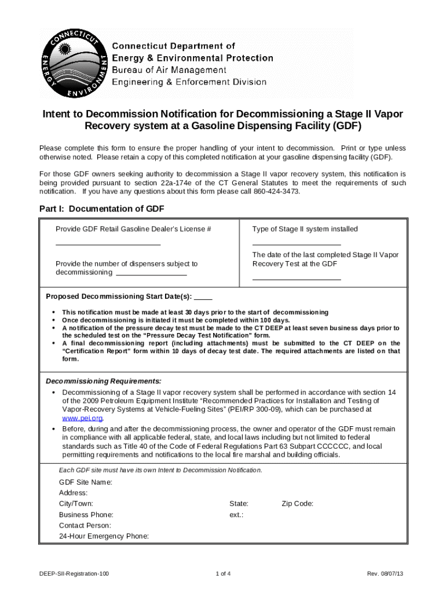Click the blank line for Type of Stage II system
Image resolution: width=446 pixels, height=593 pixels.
tap(296, 244)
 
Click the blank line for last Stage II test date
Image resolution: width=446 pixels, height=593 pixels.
tap(296, 279)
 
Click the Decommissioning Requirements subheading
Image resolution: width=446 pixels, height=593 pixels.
tap(104, 381)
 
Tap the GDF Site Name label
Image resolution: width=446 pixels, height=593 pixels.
tap(86, 482)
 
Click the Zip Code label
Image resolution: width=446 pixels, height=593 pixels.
tap(298, 504)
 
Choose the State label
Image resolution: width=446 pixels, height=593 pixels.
tap(239, 504)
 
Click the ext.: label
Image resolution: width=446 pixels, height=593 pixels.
tap(236, 515)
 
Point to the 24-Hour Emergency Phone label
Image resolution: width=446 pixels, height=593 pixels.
tap(104, 536)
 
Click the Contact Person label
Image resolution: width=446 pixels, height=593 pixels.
tap(85, 526)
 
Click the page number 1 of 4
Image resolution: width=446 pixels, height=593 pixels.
tap(223, 574)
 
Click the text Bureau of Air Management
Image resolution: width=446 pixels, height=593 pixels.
tap(169, 70)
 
